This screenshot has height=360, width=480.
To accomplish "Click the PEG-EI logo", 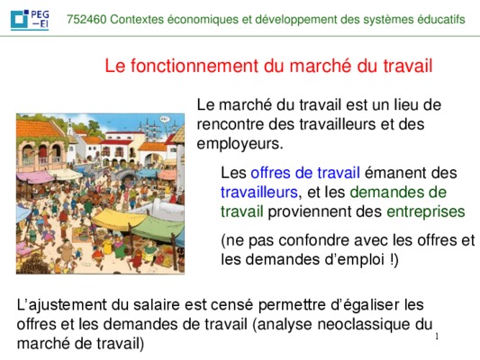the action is [x=30, y=20].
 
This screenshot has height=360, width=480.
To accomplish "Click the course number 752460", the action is [x=86, y=20].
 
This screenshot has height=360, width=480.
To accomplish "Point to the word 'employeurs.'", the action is [x=240, y=144].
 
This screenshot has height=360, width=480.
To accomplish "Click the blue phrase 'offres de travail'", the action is [x=305, y=173].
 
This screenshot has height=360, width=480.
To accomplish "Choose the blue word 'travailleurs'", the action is [x=259, y=193].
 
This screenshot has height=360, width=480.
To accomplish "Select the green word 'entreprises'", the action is [x=426, y=211].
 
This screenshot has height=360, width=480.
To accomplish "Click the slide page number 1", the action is [x=437, y=337].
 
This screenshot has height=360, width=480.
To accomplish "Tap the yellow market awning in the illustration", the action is [x=118, y=219].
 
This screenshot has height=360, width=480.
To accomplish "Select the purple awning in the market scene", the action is [x=34, y=176].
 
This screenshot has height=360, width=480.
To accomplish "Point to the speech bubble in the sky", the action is [x=165, y=119].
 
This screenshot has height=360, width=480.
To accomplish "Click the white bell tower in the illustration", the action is [x=70, y=128].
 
